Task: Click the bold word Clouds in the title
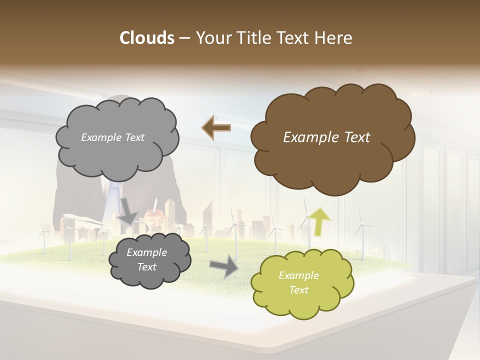click(x=146, y=38)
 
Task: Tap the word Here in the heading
click(x=333, y=38)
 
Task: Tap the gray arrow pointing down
click(x=128, y=211)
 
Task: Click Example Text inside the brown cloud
click(x=326, y=137)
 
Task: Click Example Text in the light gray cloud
click(x=112, y=137)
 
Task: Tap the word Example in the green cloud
click(x=298, y=275)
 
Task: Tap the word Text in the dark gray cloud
click(x=146, y=267)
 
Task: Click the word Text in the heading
click(x=291, y=38)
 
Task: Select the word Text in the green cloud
click(x=298, y=290)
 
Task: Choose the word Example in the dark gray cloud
click(x=146, y=252)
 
